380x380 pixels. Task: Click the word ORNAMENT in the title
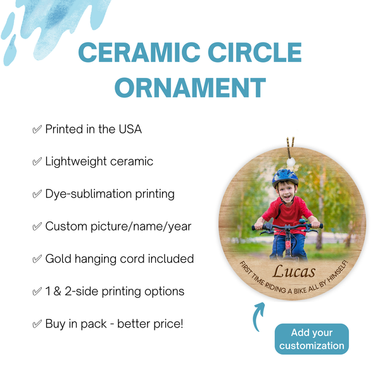pos(190,87)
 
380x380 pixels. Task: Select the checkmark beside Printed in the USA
pos(37,129)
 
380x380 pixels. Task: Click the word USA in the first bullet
pos(129,129)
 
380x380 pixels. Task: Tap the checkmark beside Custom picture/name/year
pos(37,226)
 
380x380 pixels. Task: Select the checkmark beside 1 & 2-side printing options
pos(37,291)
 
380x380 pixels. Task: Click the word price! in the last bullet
pos(166,324)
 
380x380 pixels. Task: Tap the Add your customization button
pos(312,339)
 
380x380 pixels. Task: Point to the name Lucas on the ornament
pos(293,271)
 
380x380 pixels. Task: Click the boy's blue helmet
pos(285,177)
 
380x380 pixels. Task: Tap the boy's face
pos(287,191)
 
